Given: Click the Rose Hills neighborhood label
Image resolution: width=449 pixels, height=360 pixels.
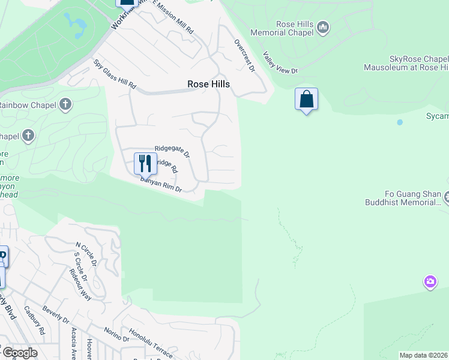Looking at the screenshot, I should [x=208, y=85].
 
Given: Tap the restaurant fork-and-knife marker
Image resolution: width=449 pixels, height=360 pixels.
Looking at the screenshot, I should [x=145, y=163].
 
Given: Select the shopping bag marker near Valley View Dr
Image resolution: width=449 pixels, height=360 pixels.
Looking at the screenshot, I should [x=306, y=100].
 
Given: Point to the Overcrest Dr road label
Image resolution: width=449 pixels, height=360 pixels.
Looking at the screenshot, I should [x=244, y=56].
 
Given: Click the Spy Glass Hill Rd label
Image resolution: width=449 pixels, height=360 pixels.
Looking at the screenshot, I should [x=113, y=74].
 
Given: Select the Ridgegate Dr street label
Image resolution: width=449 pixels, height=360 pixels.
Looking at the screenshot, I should [x=172, y=151].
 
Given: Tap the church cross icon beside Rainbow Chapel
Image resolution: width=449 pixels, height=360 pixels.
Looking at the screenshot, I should [x=65, y=106].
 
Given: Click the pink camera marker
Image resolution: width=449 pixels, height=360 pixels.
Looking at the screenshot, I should [x=430, y=281].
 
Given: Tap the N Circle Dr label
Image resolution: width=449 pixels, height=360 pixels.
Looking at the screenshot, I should [x=85, y=254].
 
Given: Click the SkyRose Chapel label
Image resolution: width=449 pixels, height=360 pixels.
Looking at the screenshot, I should [x=418, y=59].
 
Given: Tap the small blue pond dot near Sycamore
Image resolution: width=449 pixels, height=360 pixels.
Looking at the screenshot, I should [x=400, y=122].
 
